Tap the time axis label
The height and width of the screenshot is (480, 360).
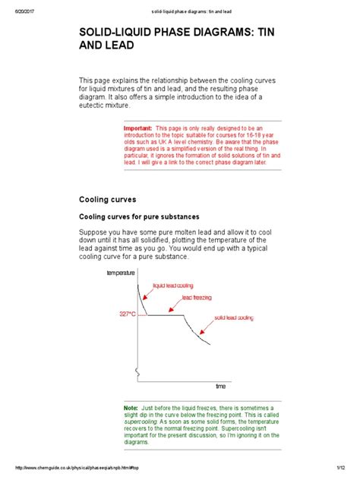click(221, 387)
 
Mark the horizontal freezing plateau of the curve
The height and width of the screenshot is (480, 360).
click(163, 314)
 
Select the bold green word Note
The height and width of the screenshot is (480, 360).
click(131, 408)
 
